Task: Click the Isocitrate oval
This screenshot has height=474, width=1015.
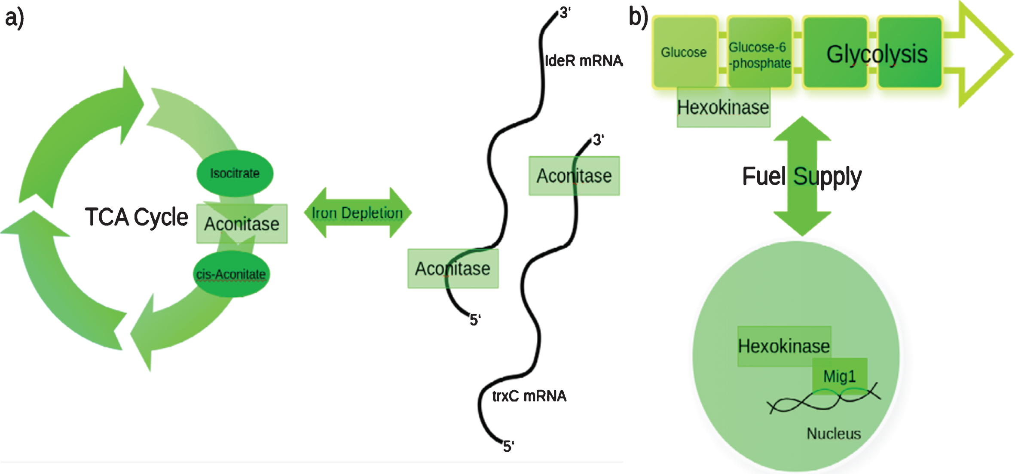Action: point(235,173)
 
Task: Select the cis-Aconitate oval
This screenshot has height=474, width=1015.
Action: point(231,274)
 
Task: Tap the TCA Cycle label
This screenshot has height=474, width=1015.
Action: point(136,217)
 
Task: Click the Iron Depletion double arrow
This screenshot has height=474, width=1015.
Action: point(358,213)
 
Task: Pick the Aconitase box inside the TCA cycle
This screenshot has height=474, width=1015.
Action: point(242,224)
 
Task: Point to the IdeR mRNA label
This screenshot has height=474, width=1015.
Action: point(584,61)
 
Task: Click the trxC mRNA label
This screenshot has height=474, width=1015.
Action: point(529,396)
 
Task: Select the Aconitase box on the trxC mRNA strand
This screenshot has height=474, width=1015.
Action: point(574,176)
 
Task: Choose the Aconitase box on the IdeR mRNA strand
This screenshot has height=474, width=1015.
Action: point(453,268)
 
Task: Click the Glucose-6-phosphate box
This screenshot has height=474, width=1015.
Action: point(760,52)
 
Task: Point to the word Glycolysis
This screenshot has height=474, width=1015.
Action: point(877,54)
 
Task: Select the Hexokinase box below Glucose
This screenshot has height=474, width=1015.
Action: point(724,107)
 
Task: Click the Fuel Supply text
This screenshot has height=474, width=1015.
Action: point(802,176)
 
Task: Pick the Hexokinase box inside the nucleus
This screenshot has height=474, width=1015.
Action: point(784,346)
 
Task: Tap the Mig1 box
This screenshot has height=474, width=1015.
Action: point(840,376)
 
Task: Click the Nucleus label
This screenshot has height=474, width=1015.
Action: point(834,434)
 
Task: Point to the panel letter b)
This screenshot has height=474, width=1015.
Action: point(638,17)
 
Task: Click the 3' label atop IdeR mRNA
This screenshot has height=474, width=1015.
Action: point(565,12)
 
